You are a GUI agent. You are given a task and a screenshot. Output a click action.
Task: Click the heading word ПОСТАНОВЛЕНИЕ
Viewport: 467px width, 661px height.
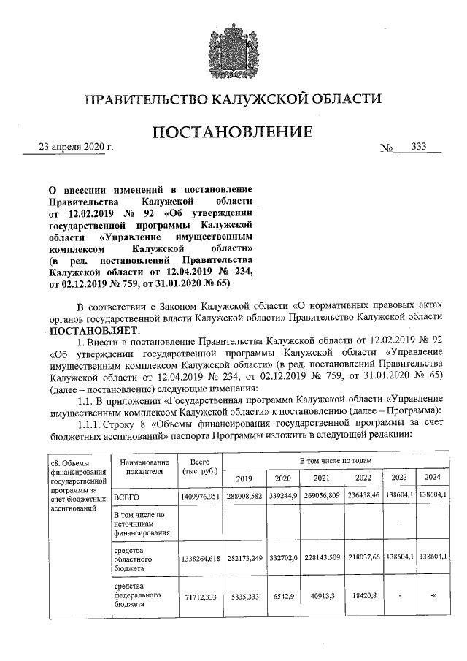233,132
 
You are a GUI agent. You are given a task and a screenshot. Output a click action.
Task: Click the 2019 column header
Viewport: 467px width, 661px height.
244,478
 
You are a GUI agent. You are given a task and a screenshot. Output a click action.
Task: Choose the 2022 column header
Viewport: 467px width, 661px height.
362,478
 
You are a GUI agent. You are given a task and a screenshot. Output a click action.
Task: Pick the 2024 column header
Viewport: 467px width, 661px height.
432,478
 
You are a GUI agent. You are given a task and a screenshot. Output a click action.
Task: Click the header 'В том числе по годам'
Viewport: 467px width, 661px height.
336,461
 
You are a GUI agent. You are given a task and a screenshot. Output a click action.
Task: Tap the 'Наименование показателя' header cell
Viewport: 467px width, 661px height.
142,467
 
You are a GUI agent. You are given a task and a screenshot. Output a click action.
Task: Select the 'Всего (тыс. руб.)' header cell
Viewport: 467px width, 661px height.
199,467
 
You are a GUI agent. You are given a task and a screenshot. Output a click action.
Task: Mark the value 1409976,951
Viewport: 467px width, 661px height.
199,497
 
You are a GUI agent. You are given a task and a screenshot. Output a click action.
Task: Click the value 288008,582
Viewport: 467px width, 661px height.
244,497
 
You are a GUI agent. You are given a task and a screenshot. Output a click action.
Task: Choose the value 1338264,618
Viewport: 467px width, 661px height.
199,557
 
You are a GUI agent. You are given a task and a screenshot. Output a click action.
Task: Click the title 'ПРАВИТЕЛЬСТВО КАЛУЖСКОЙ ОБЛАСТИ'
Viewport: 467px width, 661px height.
233,99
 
